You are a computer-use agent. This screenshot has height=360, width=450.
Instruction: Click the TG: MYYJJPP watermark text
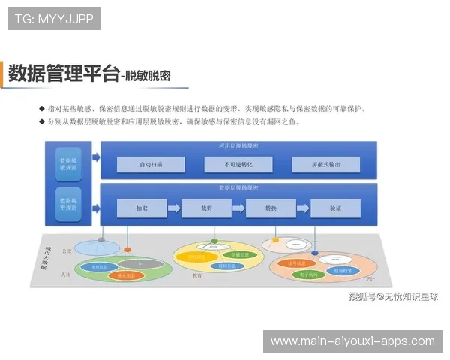(53, 19)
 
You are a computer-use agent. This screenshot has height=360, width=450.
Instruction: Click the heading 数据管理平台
(64, 73)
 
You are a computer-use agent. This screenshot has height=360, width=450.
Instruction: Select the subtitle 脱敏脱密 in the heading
(148, 76)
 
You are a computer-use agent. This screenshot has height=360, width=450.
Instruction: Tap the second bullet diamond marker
(41, 121)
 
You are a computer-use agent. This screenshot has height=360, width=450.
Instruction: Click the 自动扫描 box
(151, 164)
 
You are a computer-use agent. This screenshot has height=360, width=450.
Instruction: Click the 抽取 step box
(141, 208)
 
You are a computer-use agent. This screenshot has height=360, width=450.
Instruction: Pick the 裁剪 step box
(206, 208)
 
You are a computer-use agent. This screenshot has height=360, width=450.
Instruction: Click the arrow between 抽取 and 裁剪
(174, 208)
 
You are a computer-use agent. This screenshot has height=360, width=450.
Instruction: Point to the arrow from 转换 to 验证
(303, 208)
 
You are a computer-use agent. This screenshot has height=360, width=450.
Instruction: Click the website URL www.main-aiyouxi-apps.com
(352, 341)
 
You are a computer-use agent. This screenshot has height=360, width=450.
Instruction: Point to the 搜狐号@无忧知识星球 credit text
(393, 296)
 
